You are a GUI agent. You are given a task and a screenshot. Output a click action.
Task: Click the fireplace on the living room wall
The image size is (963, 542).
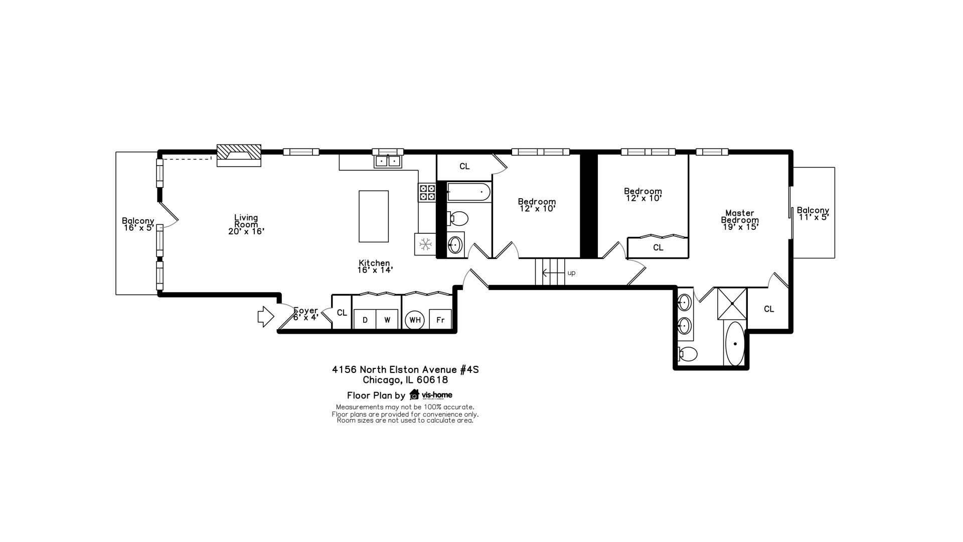[x=239, y=156]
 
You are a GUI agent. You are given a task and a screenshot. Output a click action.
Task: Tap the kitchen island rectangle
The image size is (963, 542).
[x=374, y=216]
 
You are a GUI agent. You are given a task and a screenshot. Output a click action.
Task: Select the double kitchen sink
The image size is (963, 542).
[x=388, y=161]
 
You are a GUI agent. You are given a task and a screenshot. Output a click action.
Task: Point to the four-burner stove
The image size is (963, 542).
[x=427, y=193]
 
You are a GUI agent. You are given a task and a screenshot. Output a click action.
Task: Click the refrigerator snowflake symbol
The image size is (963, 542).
[x=426, y=244]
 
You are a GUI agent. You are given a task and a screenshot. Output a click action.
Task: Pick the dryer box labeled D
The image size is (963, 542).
[x=365, y=320]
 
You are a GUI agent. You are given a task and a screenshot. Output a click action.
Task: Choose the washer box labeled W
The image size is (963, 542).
[x=387, y=320]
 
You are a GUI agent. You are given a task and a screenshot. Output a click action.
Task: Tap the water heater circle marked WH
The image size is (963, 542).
[x=415, y=320]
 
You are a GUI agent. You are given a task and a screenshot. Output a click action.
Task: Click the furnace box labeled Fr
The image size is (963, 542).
[x=440, y=320]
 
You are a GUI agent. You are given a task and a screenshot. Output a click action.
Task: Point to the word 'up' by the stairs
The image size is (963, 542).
[x=571, y=273]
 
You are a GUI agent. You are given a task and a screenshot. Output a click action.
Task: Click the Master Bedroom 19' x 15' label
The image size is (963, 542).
[x=740, y=220]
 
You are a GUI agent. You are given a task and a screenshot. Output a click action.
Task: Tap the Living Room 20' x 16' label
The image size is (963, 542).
[x=246, y=224]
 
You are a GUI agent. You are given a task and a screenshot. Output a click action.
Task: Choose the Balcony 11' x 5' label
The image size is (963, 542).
[x=813, y=214]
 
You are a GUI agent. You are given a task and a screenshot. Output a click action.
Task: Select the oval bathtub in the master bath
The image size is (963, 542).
[x=735, y=344]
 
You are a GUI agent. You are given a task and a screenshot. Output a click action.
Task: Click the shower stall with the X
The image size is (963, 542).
[x=732, y=304]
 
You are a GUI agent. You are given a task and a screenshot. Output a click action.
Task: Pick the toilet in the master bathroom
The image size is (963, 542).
[x=688, y=354]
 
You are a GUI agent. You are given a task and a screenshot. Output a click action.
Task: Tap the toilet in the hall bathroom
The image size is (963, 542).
[x=457, y=218]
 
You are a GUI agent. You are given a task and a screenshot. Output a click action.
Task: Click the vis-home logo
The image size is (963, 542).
[x=431, y=394]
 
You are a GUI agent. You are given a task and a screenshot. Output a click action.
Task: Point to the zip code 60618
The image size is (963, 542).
[x=432, y=380]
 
